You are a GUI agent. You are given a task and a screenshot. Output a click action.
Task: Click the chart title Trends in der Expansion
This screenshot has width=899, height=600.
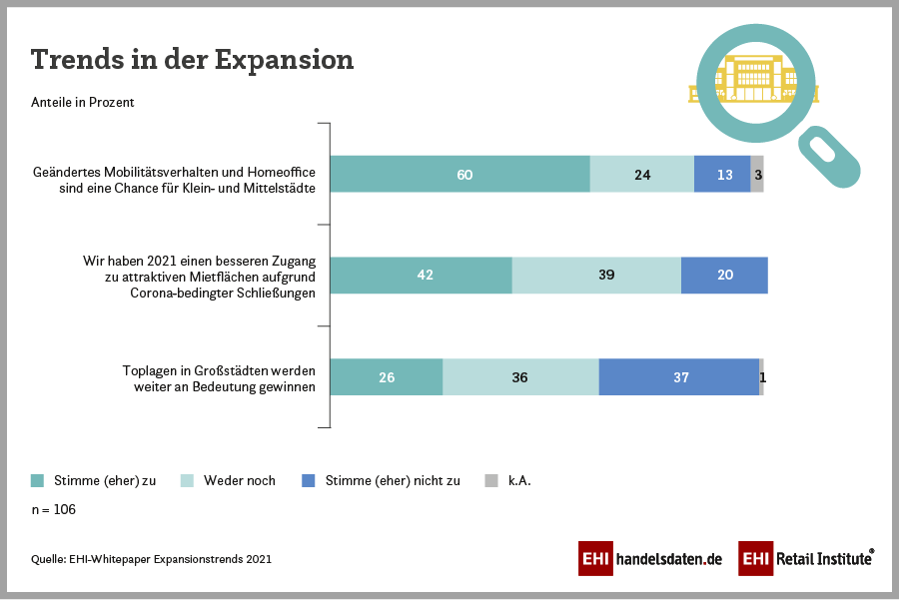coord(192,59)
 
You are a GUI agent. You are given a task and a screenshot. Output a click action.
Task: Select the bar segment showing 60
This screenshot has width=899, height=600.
coord(459,174)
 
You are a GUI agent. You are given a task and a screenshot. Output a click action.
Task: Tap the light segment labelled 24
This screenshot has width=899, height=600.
coord(641,174)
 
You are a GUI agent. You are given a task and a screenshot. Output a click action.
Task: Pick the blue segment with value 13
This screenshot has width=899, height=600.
coord(722,174)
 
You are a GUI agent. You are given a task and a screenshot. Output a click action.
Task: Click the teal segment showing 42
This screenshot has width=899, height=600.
coord(421,275)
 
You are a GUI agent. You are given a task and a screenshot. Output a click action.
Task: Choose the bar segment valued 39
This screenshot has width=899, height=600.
coord(596,275)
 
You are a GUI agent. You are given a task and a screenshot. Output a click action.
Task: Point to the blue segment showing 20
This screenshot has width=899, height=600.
coord(724,275)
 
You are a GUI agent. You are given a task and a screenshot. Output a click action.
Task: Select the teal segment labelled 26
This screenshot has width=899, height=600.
coord(386,376)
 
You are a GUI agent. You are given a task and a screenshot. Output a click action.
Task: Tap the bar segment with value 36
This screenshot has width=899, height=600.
coord(520,376)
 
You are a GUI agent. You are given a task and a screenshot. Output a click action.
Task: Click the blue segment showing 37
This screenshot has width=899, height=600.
coord(679,376)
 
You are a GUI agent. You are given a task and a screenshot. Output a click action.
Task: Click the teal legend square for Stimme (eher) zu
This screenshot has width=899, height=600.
coord(38,480)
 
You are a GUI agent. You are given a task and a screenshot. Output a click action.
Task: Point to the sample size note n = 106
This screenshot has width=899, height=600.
coord(54,509)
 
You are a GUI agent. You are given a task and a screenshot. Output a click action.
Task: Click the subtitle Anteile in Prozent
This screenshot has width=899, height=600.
coord(83,102)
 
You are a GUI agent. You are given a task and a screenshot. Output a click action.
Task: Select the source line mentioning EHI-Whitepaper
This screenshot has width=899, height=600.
coord(151,559)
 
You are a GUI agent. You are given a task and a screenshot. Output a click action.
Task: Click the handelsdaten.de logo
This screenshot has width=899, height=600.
coord(649,558)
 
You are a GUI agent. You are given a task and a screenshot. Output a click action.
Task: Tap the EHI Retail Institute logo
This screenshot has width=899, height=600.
coord(806,558)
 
